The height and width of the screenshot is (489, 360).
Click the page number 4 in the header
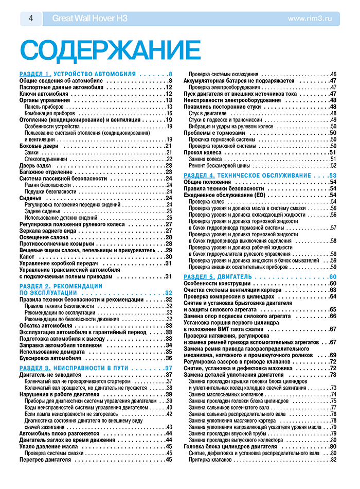[31, 19]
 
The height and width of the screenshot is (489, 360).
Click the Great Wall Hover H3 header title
[90, 19]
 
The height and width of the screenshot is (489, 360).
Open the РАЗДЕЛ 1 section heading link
[77, 74]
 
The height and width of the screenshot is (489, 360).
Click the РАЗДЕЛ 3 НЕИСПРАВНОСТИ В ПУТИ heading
[77, 368]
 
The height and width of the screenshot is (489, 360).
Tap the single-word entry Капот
[28, 256]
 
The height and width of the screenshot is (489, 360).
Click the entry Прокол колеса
[206, 152]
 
